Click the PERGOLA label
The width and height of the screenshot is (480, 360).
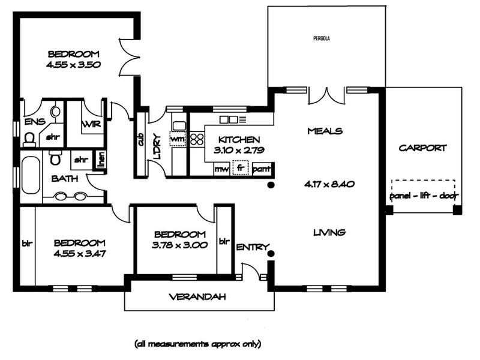coord(322,38)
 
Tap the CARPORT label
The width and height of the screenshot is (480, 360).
coord(422,148)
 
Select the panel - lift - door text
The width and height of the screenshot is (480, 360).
coord(424,196)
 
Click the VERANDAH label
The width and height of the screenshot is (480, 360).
coord(197,296)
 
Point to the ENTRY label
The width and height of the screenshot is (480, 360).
coord(253,247)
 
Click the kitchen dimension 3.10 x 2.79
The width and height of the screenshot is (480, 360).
coord(239,150)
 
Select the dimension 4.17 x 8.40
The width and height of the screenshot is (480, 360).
coord(329,184)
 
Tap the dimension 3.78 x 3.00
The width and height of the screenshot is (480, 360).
coord(179,245)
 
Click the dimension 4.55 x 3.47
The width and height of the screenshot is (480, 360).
coord(80,253)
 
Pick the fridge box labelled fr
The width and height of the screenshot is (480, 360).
coord(241,168)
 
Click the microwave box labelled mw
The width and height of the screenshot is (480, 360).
coord(221,169)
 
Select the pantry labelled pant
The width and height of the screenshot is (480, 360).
coord(262,169)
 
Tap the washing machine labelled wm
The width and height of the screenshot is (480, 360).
coord(178,139)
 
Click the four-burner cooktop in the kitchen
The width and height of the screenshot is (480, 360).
coord(197,139)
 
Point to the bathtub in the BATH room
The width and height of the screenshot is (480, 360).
coord(31,175)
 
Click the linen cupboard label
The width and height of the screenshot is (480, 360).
coord(101,160)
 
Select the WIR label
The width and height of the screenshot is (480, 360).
coord(91,124)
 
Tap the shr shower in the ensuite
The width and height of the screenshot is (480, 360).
coord(53,137)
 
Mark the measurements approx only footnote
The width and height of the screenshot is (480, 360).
coord(198,344)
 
